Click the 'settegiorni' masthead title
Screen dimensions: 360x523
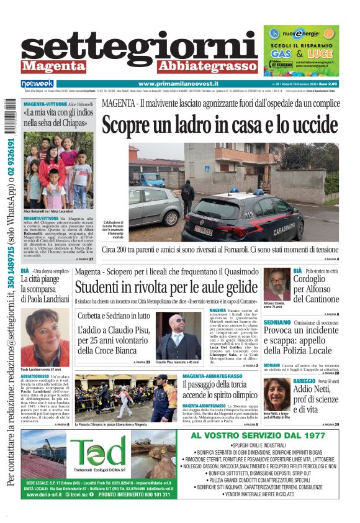pyautogui.click(x=140, y=47)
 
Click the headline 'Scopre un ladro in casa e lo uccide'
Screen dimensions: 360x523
pyautogui.click(x=220, y=125)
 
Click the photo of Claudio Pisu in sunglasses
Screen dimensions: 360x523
pyautogui.click(x=178, y=335)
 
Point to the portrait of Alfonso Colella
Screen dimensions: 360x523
pyautogui.click(x=276, y=284)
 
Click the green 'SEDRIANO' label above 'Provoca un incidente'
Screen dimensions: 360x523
pyautogui.click(x=277, y=322)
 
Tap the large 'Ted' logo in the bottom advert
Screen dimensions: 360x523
pyautogui.click(x=98, y=452)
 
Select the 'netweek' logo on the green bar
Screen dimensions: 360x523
pyautogui.click(x=37, y=84)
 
